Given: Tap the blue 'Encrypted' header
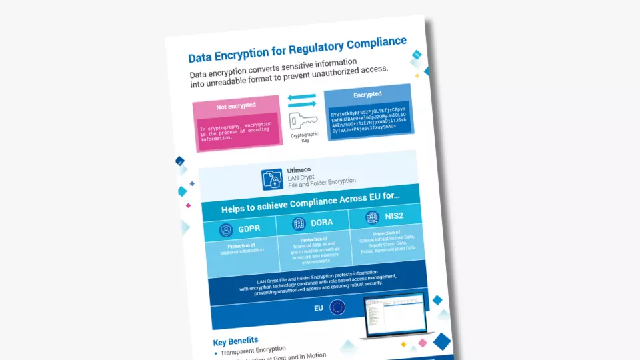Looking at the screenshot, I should click(x=367, y=95).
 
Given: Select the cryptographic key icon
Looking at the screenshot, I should click(x=303, y=121).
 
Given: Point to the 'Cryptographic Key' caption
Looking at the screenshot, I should click(x=305, y=137).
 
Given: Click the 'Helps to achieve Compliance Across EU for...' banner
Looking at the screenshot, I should click(x=310, y=201).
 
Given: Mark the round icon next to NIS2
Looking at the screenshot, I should click(x=372, y=217).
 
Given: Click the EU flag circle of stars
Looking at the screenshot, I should click(x=337, y=307).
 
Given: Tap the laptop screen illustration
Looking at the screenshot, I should click(x=395, y=313).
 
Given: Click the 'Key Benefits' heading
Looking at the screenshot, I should click(x=235, y=341).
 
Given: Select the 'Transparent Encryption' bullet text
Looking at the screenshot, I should click(x=253, y=350).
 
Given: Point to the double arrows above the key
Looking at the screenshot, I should click(x=302, y=100).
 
